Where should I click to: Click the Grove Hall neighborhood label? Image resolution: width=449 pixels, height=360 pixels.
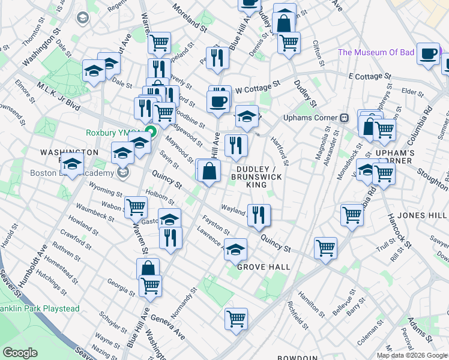[x=264, y=267]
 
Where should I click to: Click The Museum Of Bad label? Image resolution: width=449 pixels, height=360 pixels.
[x=376, y=52]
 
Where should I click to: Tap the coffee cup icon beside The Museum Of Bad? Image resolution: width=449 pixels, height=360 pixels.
[x=427, y=53]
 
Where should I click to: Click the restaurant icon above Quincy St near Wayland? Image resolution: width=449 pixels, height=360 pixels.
[x=259, y=214]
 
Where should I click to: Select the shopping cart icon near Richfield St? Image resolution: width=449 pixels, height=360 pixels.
[x=236, y=317]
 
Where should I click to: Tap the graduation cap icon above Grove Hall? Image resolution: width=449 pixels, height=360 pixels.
[x=236, y=248]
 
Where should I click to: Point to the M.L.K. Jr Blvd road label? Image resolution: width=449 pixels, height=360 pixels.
[x=58, y=95]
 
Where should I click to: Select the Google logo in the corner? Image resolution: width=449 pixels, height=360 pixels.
[x=20, y=353]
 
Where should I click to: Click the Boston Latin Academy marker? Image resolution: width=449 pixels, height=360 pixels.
[x=123, y=173]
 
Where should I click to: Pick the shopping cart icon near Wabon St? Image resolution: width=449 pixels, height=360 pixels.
[x=136, y=207]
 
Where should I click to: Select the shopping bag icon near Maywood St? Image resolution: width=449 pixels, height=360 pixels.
[x=209, y=171]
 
